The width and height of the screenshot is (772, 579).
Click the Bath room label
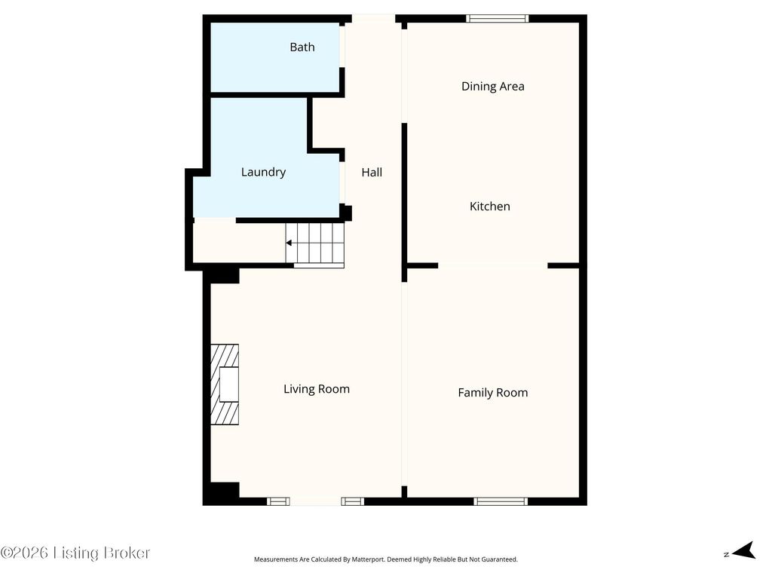point(302,47)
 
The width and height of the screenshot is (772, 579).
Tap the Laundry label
point(263,173)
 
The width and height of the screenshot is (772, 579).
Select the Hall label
point(372,173)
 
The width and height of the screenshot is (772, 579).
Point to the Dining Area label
point(493,87)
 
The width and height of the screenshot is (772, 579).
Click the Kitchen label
point(490,207)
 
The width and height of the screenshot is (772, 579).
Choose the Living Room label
point(317,390)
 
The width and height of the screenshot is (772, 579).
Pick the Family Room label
point(493,393)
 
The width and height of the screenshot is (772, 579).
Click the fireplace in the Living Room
point(225,384)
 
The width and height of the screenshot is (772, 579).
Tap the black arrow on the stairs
point(289,243)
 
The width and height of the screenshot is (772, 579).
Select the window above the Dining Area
point(498,19)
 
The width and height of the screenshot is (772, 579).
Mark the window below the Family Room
point(501,501)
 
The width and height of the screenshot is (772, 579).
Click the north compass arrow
point(744,550)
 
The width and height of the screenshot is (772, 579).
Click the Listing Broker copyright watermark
point(75,553)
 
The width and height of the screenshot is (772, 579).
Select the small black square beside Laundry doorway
point(347,213)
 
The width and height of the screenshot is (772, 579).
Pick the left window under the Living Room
point(278,501)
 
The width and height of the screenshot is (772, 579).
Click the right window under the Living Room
point(353,501)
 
